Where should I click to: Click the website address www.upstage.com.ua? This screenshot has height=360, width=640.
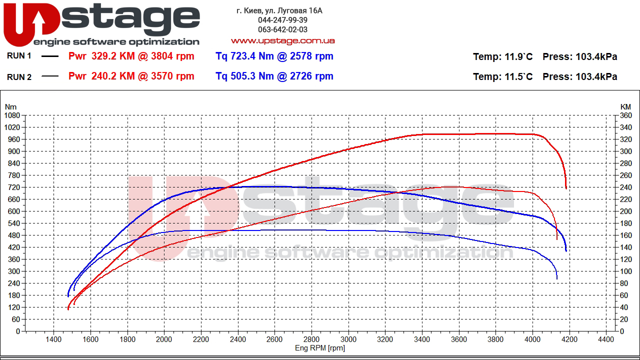click(282, 40)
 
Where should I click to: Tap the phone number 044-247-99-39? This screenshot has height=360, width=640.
click(282, 20)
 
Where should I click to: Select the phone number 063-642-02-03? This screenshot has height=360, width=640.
click(282, 29)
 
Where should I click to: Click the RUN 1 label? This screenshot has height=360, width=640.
click(19, 56)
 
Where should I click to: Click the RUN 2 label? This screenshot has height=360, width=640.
click(19, 77)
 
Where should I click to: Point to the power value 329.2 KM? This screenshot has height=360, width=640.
click(113, 56)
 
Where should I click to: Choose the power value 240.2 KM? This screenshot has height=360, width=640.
click(113, 76)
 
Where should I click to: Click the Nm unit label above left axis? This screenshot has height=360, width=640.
click(10, 106)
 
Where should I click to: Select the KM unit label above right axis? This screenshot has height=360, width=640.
click(625, 106)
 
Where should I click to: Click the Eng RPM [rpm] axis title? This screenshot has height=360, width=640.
click(320, 348)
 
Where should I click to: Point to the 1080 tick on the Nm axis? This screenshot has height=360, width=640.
click(11, 115)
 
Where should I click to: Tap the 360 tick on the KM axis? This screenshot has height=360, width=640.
click(625, 115)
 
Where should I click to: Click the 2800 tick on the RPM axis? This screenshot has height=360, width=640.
click(311, 339)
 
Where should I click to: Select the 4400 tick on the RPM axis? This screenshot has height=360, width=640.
click(605, 339)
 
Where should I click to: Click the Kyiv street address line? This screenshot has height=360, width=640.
click(279, 10)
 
